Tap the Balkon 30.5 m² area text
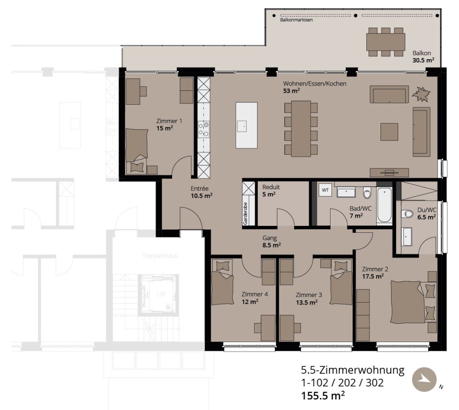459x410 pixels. (423, 56)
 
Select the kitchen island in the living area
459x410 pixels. (246, 125)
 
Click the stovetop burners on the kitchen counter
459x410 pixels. (203, 129)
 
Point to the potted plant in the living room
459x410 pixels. (421, 95)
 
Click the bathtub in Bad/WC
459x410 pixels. (384, 205)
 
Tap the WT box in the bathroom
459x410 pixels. (325, 190)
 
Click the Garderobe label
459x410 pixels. (245, 213)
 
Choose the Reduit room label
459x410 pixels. (271, 187)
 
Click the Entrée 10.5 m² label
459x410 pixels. (202, 191)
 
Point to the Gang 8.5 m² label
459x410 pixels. (271, 242)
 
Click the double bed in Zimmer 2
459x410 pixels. (409, 301)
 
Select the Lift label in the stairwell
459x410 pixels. (161, 294)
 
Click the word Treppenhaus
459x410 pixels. (159, 256)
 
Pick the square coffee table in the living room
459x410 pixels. (389, 132)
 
